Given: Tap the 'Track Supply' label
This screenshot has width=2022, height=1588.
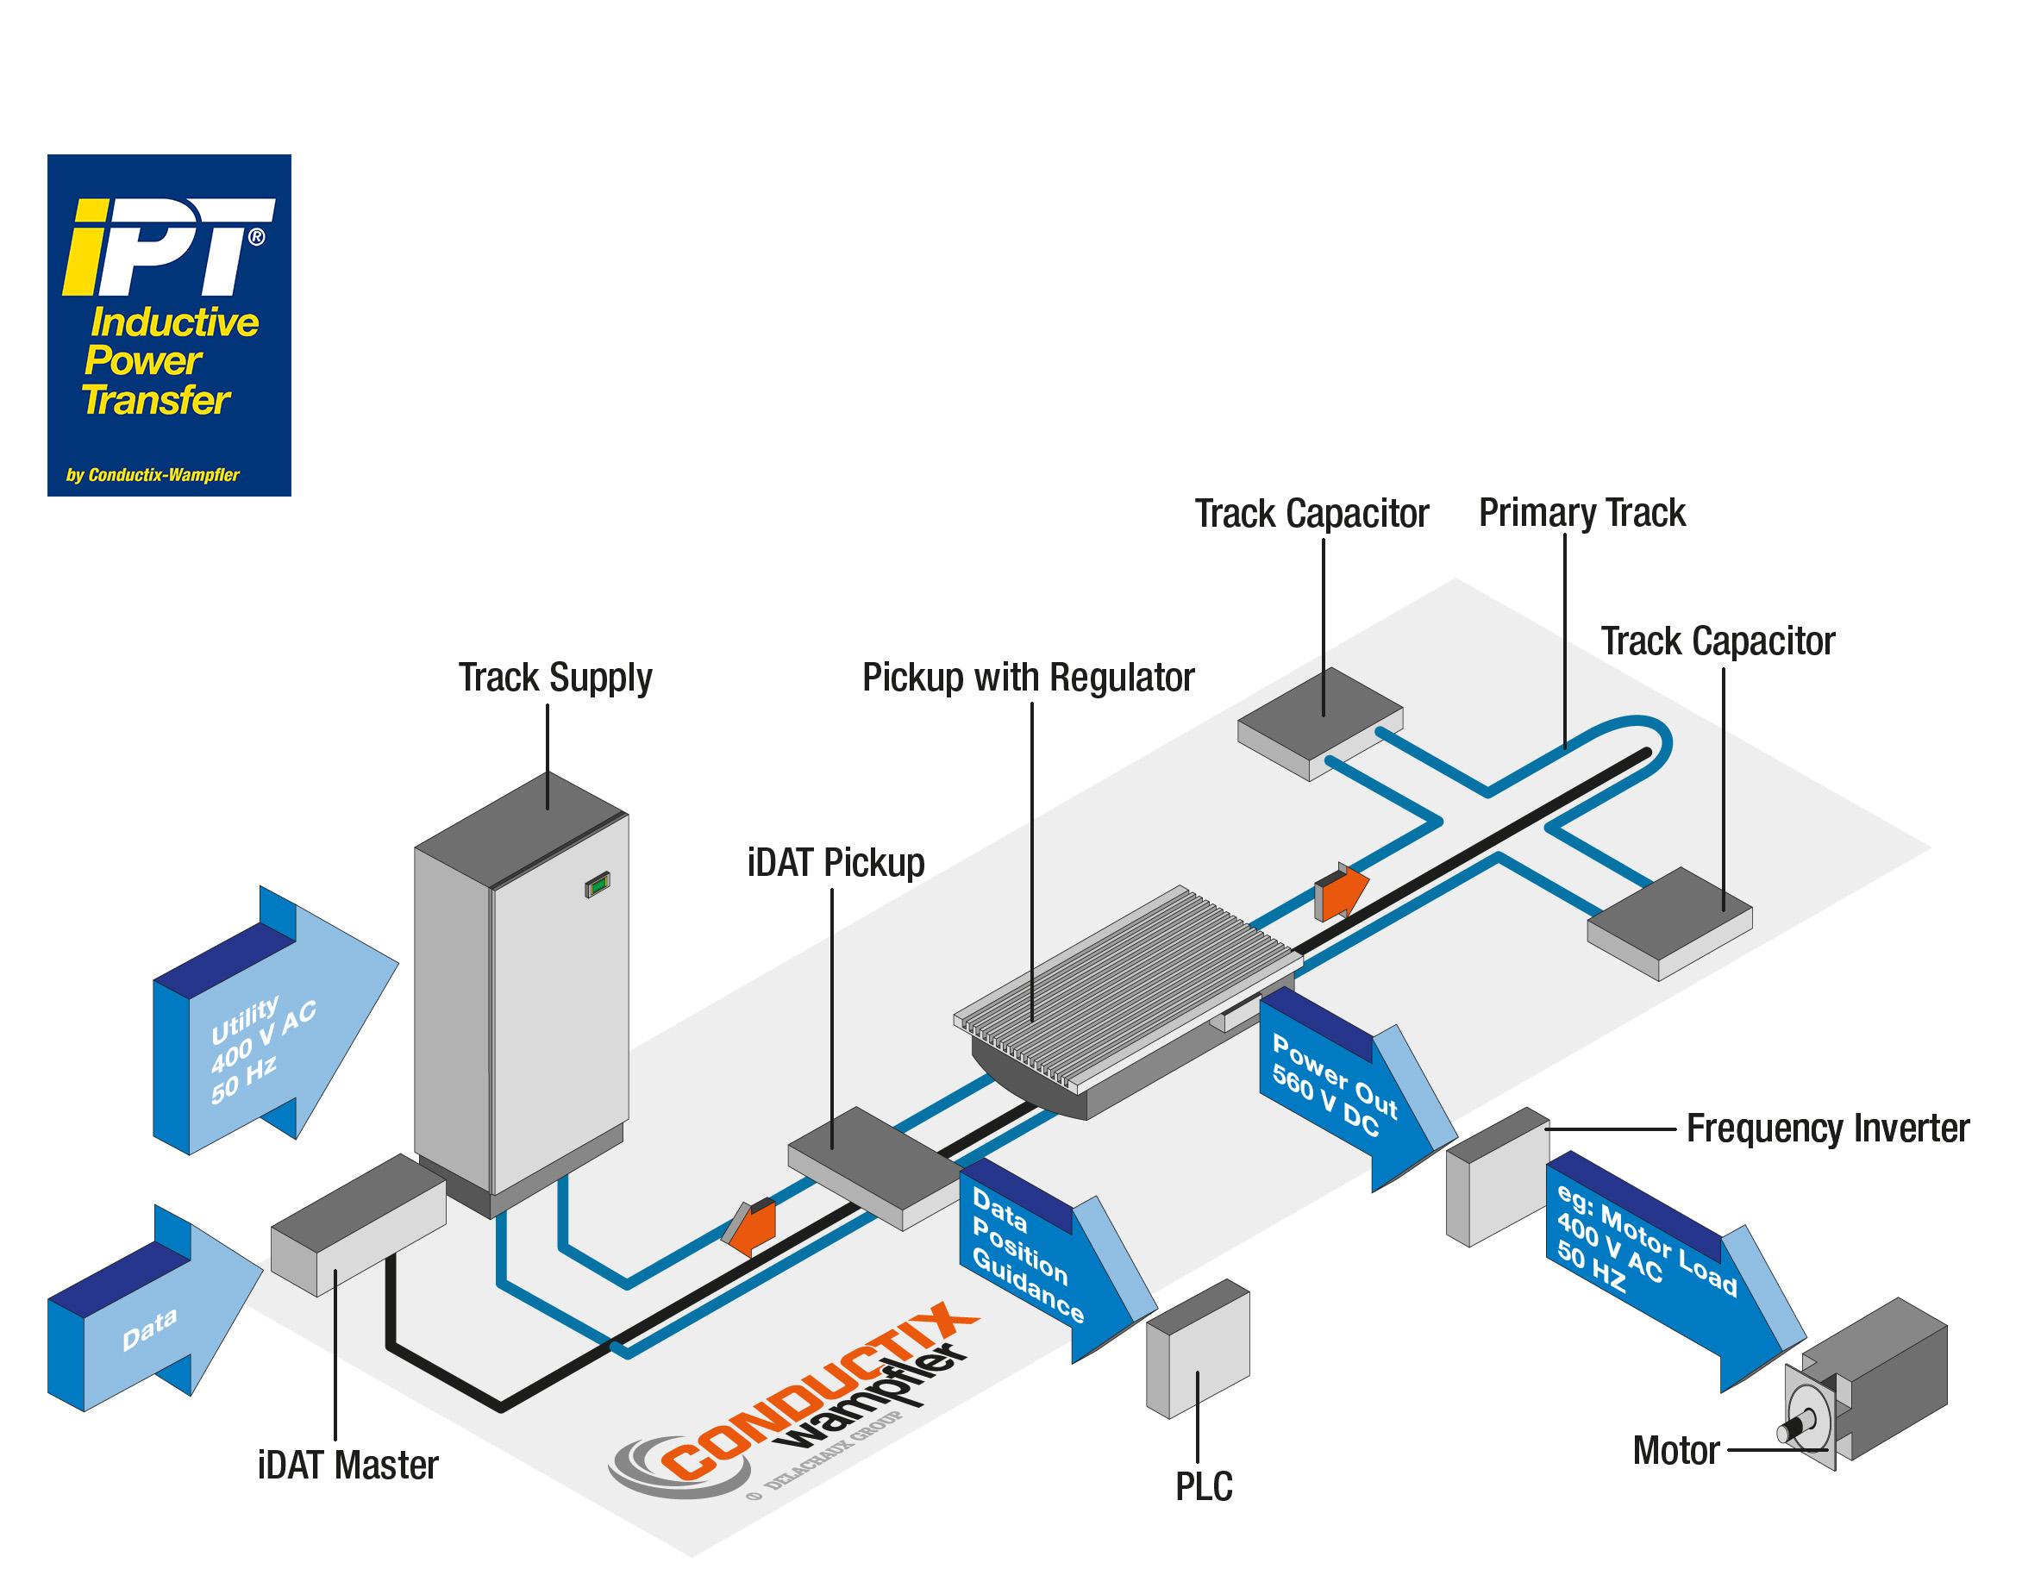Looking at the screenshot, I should [555, 678].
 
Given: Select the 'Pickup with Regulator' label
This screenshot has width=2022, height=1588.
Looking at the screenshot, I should [1027, 678].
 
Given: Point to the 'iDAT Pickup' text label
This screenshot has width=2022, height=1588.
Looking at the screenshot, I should [836, 863].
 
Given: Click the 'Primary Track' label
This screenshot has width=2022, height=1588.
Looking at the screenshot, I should [1581, 513].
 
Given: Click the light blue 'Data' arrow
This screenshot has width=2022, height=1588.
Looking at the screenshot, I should [153, 1311].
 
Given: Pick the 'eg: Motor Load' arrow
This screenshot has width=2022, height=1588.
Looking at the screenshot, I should [1664, 1265].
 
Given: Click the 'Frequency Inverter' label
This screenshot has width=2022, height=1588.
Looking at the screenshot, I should [1827, 1128].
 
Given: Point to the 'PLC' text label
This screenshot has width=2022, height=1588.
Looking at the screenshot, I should [1204, 1486].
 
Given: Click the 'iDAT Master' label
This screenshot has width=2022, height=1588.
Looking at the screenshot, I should [347, 1466].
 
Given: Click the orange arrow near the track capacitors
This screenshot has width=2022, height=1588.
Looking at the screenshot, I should [1341, 891].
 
